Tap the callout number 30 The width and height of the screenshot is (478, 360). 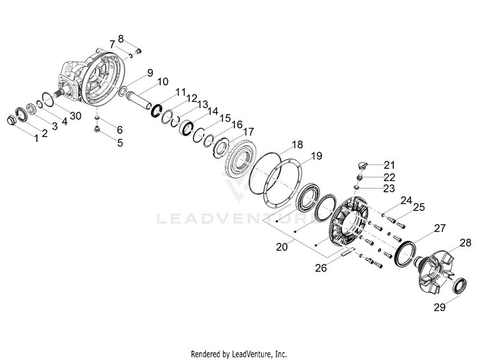[x=76, y=115]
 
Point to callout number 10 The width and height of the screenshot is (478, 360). [x=163, y=82]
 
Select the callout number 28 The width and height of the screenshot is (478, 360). [x=465, y=243]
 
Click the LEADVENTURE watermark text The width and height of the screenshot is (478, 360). [x=239, y=220]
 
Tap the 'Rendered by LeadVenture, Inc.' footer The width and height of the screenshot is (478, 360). [x=239, y=353]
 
